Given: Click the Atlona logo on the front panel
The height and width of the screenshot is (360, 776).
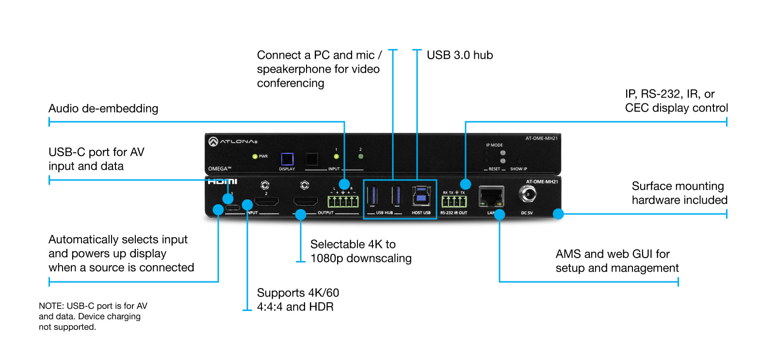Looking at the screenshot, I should [233, 142].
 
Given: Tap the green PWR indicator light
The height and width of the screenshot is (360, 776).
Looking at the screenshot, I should [255, 156].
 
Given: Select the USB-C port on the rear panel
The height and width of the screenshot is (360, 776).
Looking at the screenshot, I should [233, 208].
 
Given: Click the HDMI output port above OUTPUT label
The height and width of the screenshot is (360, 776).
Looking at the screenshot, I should [305, 201].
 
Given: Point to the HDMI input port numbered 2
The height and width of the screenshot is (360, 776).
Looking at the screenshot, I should [266, 201].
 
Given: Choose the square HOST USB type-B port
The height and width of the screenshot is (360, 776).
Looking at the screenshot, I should [421, 196].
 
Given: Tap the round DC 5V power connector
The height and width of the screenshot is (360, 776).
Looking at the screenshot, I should [527, 195].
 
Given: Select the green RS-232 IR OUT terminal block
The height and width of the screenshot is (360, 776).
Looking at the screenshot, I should [454, 201].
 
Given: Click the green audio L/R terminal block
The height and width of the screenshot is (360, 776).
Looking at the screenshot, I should [343, 201].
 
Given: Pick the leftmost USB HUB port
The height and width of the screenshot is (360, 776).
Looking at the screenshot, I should [372, 196].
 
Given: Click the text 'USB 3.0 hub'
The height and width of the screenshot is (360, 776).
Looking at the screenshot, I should [460, 55].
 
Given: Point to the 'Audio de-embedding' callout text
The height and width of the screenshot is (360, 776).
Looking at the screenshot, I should [103, 109].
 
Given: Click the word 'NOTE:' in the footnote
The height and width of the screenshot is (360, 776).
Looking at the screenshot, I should [51, 306].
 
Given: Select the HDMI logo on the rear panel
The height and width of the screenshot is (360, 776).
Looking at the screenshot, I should [223, 182].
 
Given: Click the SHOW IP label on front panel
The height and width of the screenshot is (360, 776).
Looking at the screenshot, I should [518, 169].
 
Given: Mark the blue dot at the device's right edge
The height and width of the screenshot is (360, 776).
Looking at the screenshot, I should [558, 213].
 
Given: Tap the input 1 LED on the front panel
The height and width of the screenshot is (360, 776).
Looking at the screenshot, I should [336, 157].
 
